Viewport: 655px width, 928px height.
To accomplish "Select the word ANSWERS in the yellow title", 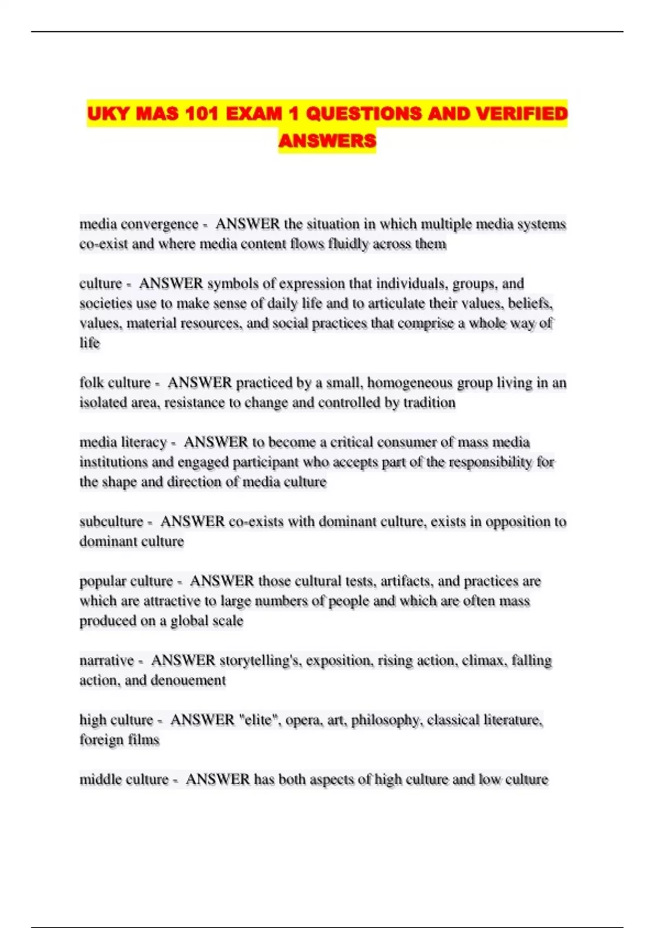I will tap(327, 141).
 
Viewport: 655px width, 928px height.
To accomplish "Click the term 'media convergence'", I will tap(139, 224).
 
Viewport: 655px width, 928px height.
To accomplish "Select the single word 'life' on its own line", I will tap(90, 343).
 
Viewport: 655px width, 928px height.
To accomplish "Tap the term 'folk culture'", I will tap(115, 383).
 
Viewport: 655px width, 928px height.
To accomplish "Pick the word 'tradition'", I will tap(429, 403).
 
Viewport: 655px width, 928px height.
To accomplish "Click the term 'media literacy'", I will tap(123, 442).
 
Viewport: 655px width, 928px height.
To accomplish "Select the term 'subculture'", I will tap(111, 522).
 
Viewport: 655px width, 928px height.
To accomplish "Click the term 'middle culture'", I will tap(124, 780).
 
